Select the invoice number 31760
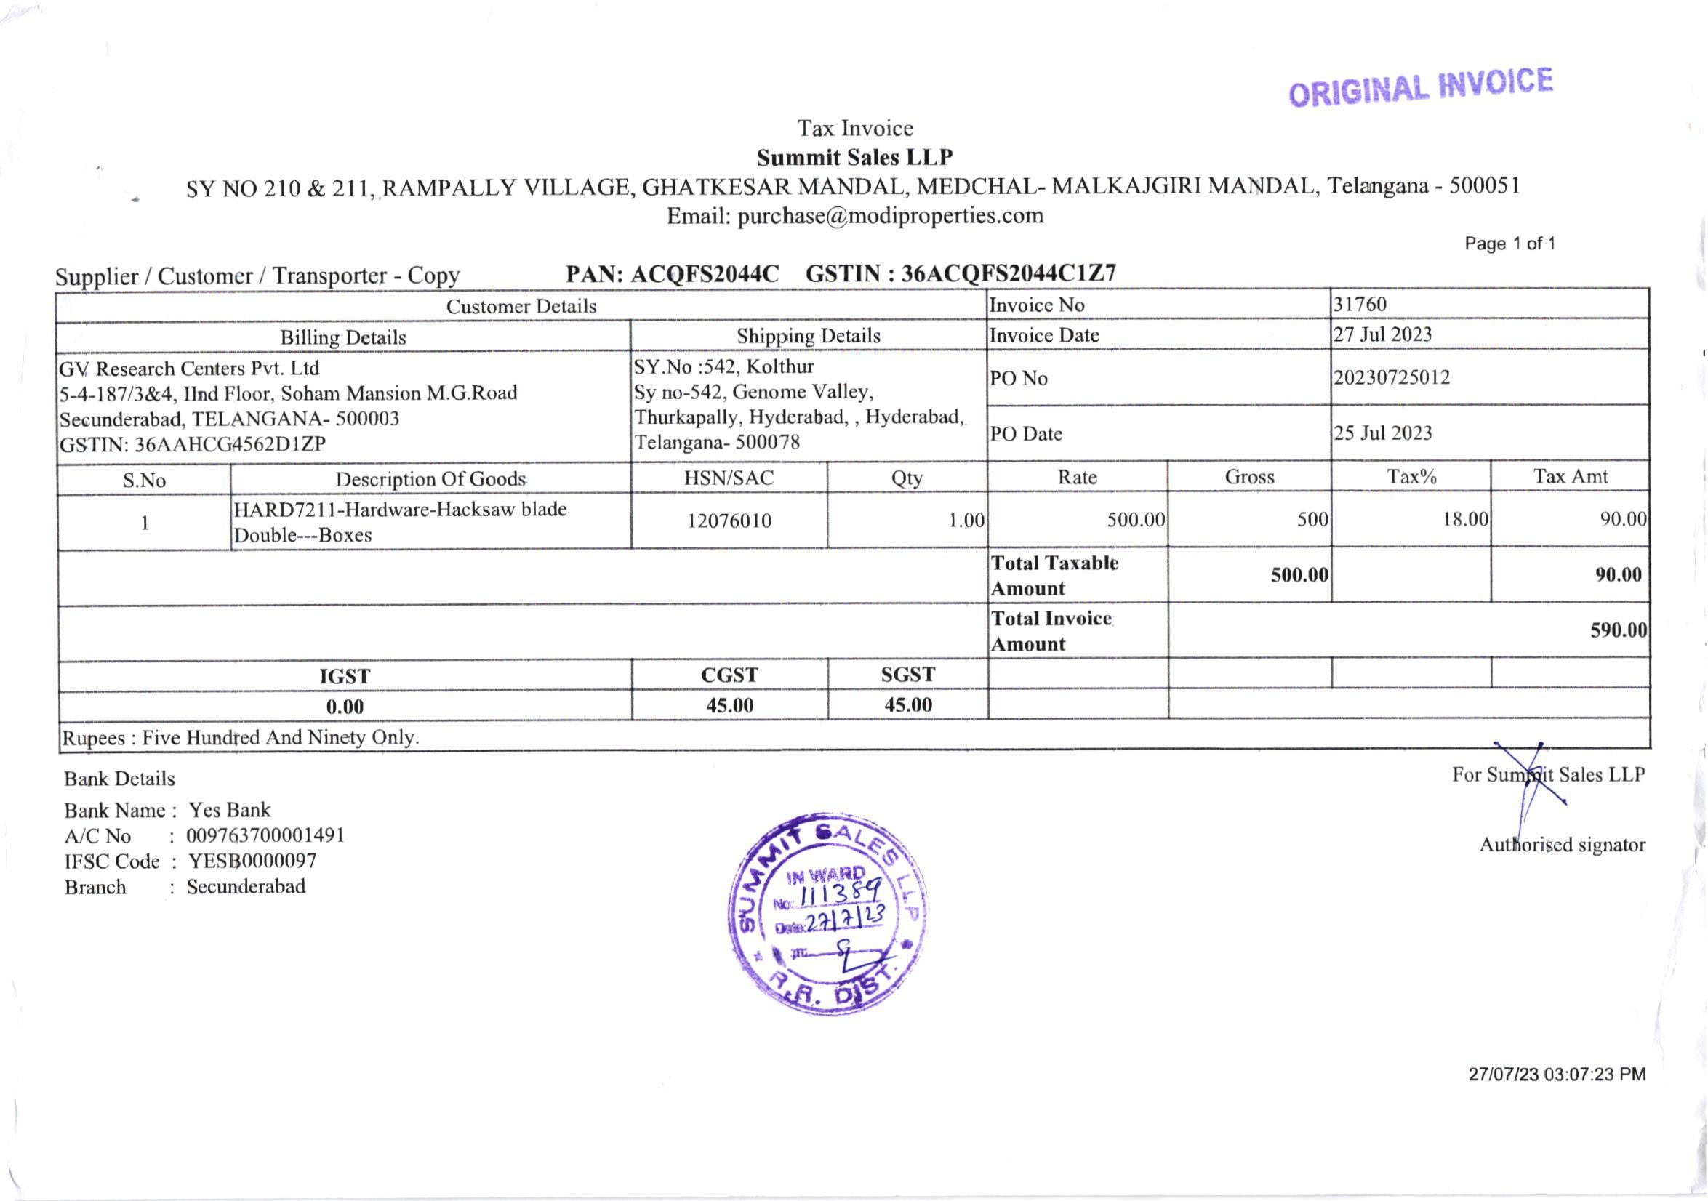[x=1359, y=304]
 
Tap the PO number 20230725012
[x=1391, y=378]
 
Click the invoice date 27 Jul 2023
[x=1382, y=334]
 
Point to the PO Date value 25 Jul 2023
[x=1382, y=433]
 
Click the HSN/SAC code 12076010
[x=729, y=521]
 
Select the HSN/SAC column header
[x=729, y=478]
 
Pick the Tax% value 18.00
[x=1464, y=519]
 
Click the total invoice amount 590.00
[x=1618, y=630]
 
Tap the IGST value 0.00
[x=345, y=707]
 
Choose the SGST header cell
[x=907, y=675]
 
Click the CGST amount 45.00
[x=729, y=706]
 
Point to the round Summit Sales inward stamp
[x=828, y=912]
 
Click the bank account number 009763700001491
[x=265, y=836]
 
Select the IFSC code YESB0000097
[x=252, y=861]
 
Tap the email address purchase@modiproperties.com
[x=890, y=217]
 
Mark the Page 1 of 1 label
[x=1509, y=244]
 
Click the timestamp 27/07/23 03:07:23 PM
[x=1556, y=1075]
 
